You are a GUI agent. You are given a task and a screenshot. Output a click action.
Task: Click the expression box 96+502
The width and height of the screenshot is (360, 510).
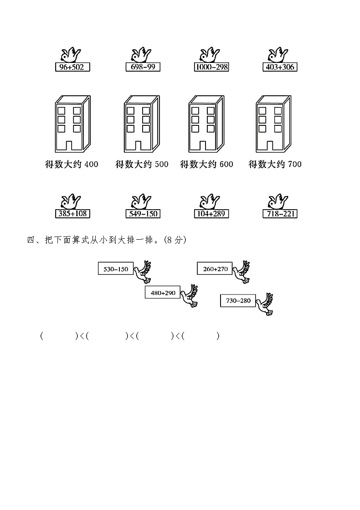coord(72,67)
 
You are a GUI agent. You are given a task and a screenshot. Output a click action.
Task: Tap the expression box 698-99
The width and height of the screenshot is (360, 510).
coord(142,67)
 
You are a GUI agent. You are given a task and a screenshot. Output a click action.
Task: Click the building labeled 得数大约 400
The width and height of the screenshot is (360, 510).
coord(72,124)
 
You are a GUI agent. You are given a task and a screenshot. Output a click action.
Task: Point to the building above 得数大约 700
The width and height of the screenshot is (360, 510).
coord(273,124)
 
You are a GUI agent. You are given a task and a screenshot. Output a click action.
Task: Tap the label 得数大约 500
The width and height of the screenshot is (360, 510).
coord(142,164)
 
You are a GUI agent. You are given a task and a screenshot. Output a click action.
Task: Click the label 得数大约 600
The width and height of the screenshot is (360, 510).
coord(207,164)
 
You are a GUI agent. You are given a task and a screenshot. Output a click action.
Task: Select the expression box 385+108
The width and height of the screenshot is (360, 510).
coord(72,214)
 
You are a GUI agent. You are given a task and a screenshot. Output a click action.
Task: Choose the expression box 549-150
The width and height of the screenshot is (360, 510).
coord(142,214)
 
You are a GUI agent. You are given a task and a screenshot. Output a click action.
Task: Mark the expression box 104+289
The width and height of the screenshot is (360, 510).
coord(211,214)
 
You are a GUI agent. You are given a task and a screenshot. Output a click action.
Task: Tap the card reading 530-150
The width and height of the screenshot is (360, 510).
coord(116,269)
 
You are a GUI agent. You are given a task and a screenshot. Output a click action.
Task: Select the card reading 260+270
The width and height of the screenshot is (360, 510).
coord(215,269)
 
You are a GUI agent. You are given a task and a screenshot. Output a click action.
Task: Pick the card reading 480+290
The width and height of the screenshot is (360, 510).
coord(163,293)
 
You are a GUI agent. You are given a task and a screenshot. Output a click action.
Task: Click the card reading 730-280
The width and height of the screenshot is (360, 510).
coord(238,300)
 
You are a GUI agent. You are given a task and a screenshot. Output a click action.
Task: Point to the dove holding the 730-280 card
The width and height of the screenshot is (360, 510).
coord(264,304)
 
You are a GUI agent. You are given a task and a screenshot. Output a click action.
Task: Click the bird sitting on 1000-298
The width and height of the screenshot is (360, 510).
coord(210,55)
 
